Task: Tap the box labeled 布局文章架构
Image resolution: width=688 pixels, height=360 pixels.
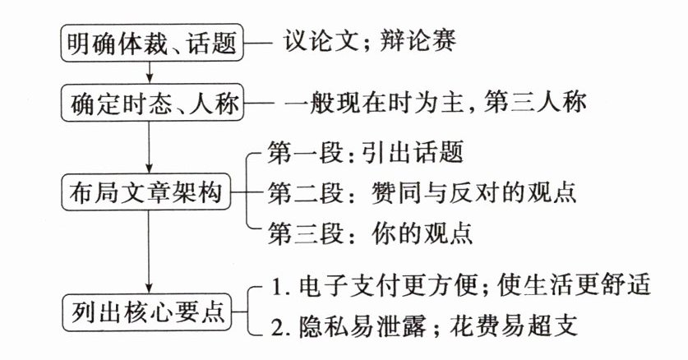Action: [147, 193]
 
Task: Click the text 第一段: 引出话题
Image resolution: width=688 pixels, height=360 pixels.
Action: [366, 153]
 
